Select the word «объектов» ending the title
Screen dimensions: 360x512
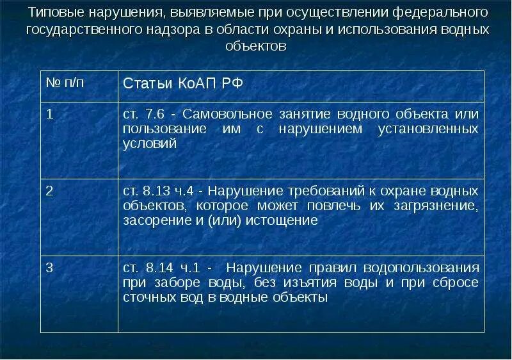[256, 47]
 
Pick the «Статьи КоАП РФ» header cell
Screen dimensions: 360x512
[182, 85]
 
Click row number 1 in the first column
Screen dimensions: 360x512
[49, 114]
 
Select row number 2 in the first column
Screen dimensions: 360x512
[49, 191]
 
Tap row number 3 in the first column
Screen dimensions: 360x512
[49, 268]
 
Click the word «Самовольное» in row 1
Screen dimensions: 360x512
[223, 114]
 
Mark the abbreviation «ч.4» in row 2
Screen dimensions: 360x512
[189, 191]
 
